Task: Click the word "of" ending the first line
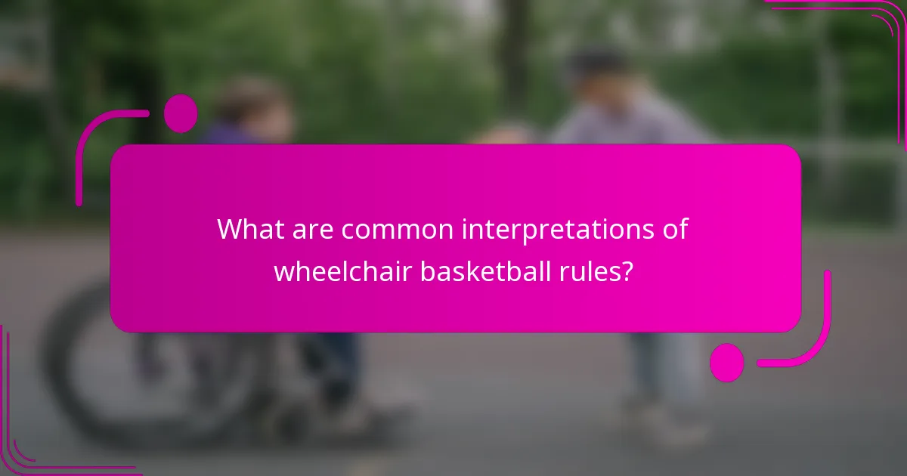(675, 229)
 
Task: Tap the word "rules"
(593, 270)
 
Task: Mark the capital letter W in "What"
(229, 229)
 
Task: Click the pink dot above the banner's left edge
(181, 113)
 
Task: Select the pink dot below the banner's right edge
(726, 363)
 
